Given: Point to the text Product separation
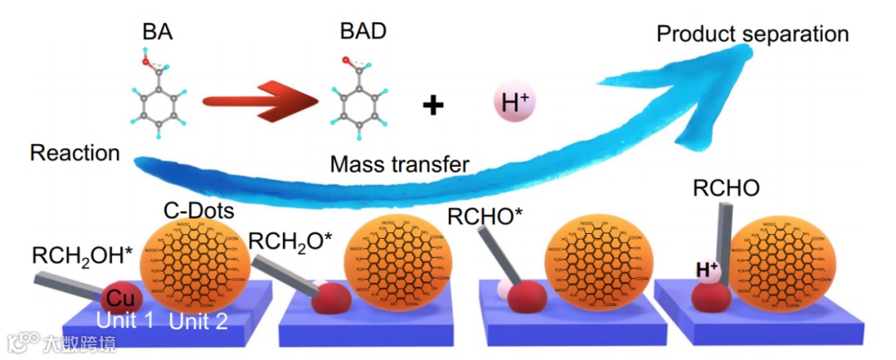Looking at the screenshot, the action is coord(752,34).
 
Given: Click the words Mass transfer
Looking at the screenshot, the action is coord(400,164).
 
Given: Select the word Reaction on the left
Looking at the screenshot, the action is coord(75,153).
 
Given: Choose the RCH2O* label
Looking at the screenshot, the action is coord(291,242).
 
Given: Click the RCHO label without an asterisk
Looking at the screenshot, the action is coord(727,188).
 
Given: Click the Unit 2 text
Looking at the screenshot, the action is coord(198,322).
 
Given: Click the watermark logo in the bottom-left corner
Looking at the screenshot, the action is coord(23,342).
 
